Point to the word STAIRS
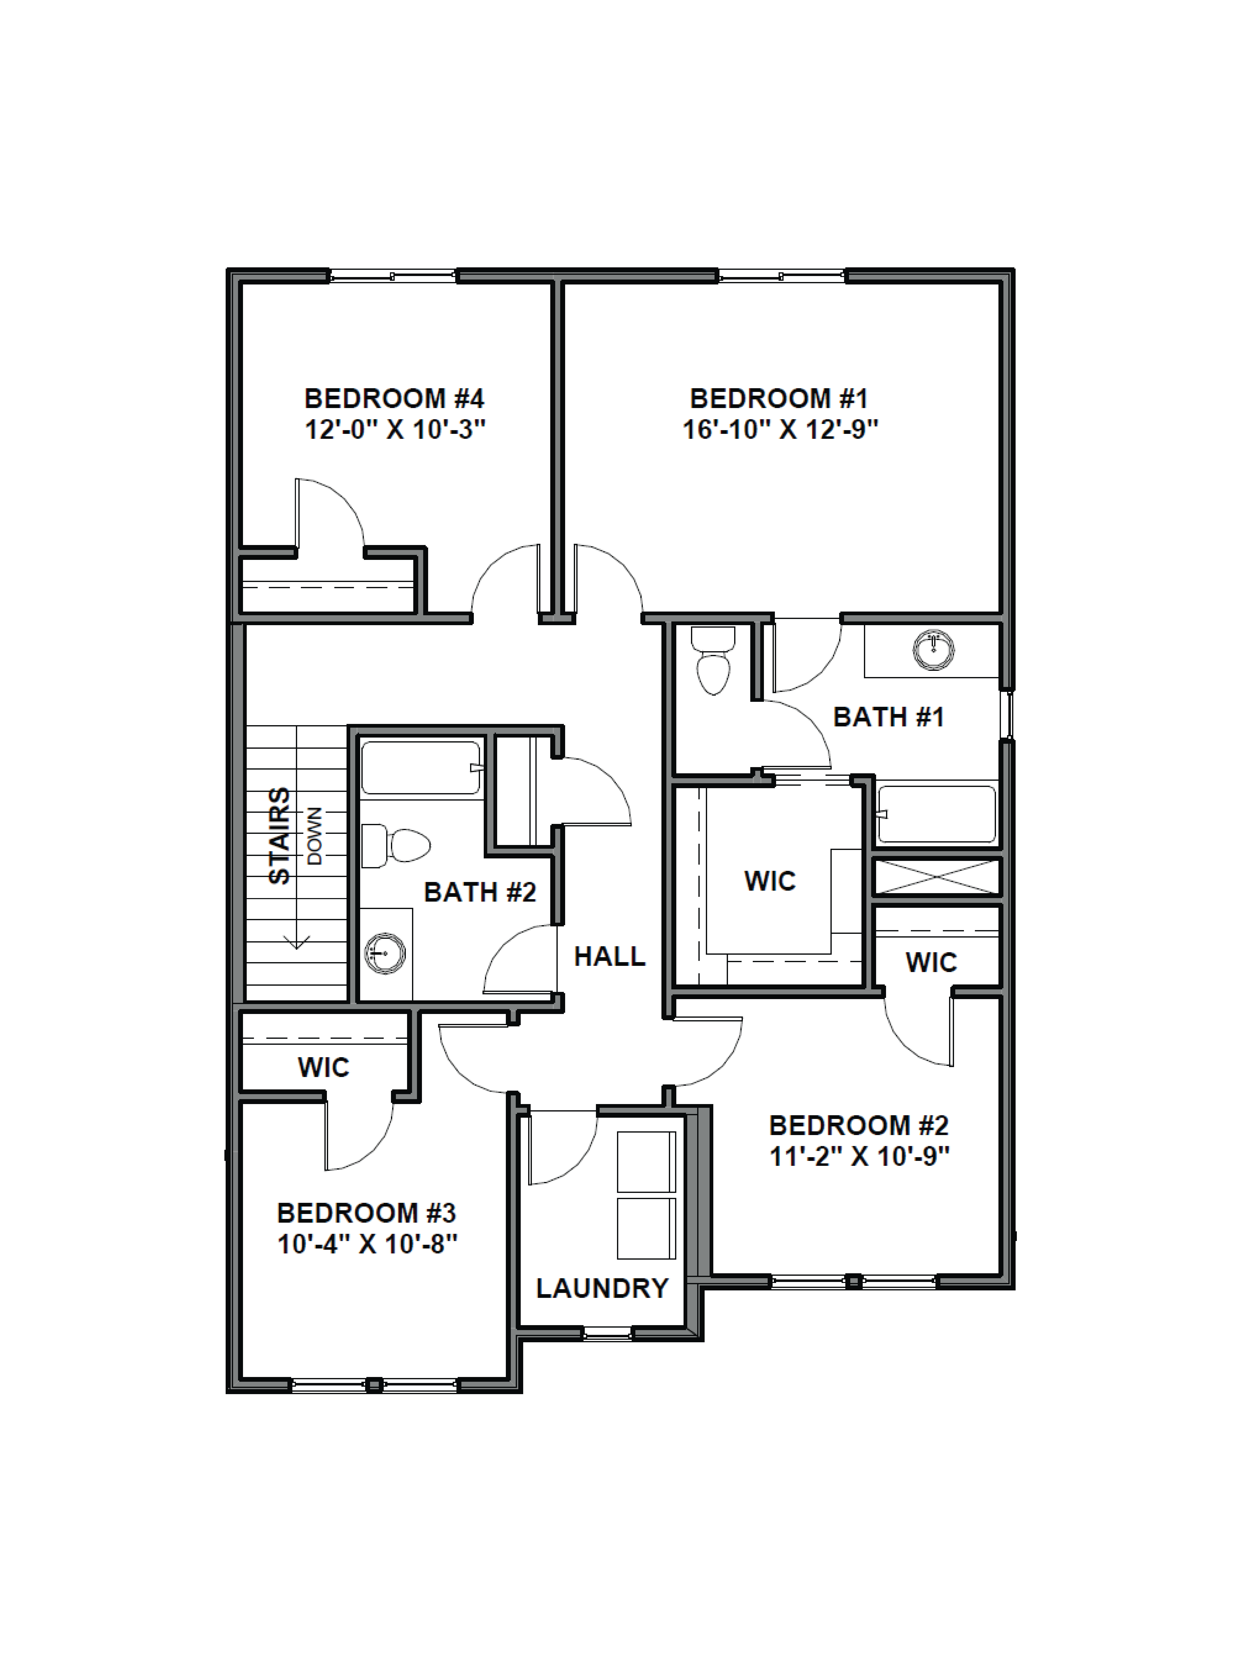[280, 835]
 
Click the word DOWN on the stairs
[315, 835]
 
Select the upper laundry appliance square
[646, 1162]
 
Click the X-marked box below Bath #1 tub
[936, 877]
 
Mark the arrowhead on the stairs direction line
[297, 943]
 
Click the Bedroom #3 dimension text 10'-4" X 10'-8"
[367, 1244]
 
